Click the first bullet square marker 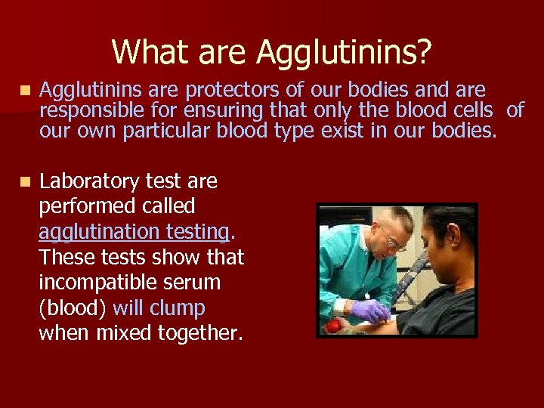coord(26,91)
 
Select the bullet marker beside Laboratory coord(26,182)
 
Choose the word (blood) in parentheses coord(73,308)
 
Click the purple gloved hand coord(369,310)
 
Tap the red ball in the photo coord(332,326)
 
